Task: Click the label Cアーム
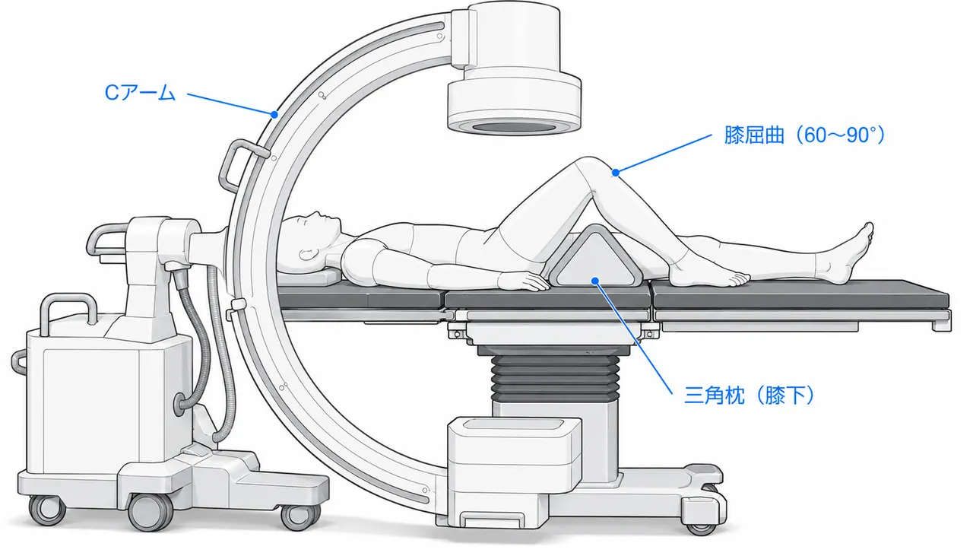[140, 93]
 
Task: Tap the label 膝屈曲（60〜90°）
[804, 135]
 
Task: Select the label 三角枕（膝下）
[750, 396]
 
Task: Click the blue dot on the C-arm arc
[274, 115]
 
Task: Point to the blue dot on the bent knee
[616, 173]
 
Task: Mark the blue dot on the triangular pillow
[595, 281]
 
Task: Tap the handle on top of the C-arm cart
[68, 310]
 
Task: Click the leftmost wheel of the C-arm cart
[47, 510]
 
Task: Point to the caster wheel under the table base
[702, 526]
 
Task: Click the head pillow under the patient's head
[309, 275]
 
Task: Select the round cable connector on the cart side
[181, 403]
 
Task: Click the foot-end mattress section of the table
[800, 295]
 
